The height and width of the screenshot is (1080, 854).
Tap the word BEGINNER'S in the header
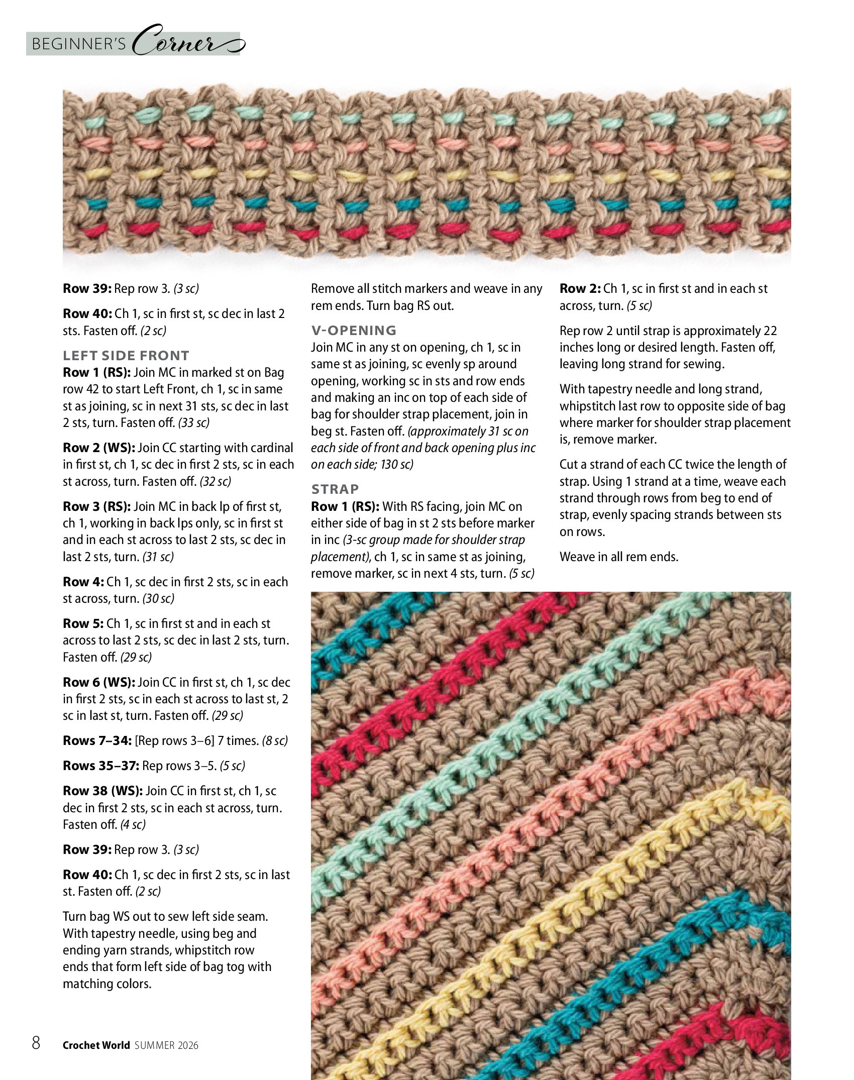79,44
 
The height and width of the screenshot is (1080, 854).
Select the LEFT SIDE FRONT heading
126,356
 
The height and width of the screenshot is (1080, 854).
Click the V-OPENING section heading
354,331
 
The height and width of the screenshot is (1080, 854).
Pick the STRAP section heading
335,489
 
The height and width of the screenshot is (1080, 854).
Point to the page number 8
36,1042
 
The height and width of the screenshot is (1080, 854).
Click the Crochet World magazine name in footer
96,1045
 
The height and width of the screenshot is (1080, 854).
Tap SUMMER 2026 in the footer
166,1045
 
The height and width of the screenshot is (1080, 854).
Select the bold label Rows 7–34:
97,741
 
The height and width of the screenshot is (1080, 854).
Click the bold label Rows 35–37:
101,766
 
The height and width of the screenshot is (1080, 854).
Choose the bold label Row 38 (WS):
102,791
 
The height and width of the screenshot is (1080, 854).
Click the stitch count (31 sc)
158,557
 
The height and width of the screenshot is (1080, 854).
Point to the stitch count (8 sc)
275,741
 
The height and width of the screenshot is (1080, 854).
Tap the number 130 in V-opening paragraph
390,465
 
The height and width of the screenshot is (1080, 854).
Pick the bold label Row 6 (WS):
99,683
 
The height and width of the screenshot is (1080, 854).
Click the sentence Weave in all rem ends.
619,557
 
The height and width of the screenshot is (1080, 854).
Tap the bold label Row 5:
83,624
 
